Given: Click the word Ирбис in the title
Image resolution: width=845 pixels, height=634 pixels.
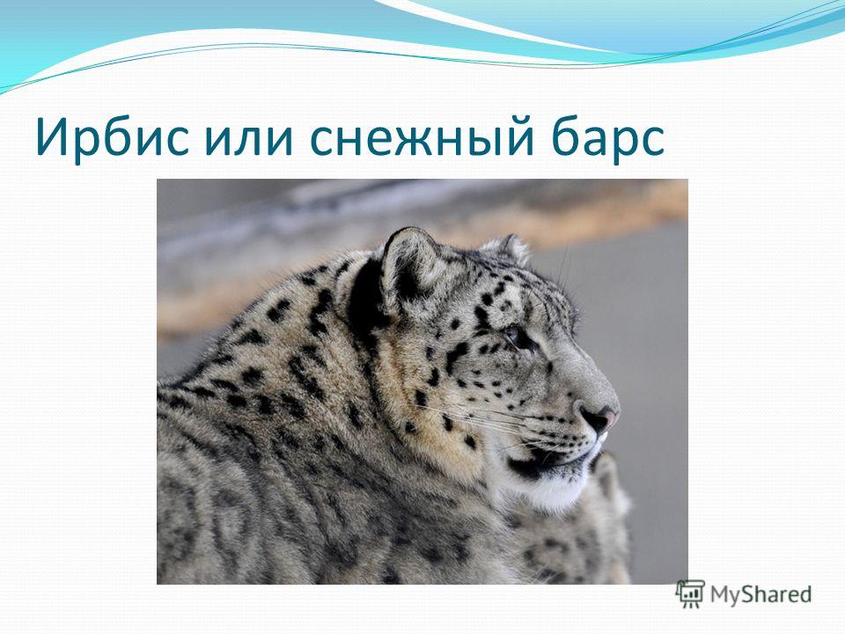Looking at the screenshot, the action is (112, 139).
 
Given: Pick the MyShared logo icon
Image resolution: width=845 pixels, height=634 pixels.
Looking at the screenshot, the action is (690, 593).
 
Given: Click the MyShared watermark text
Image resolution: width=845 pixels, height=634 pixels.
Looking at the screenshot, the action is (760, 594).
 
